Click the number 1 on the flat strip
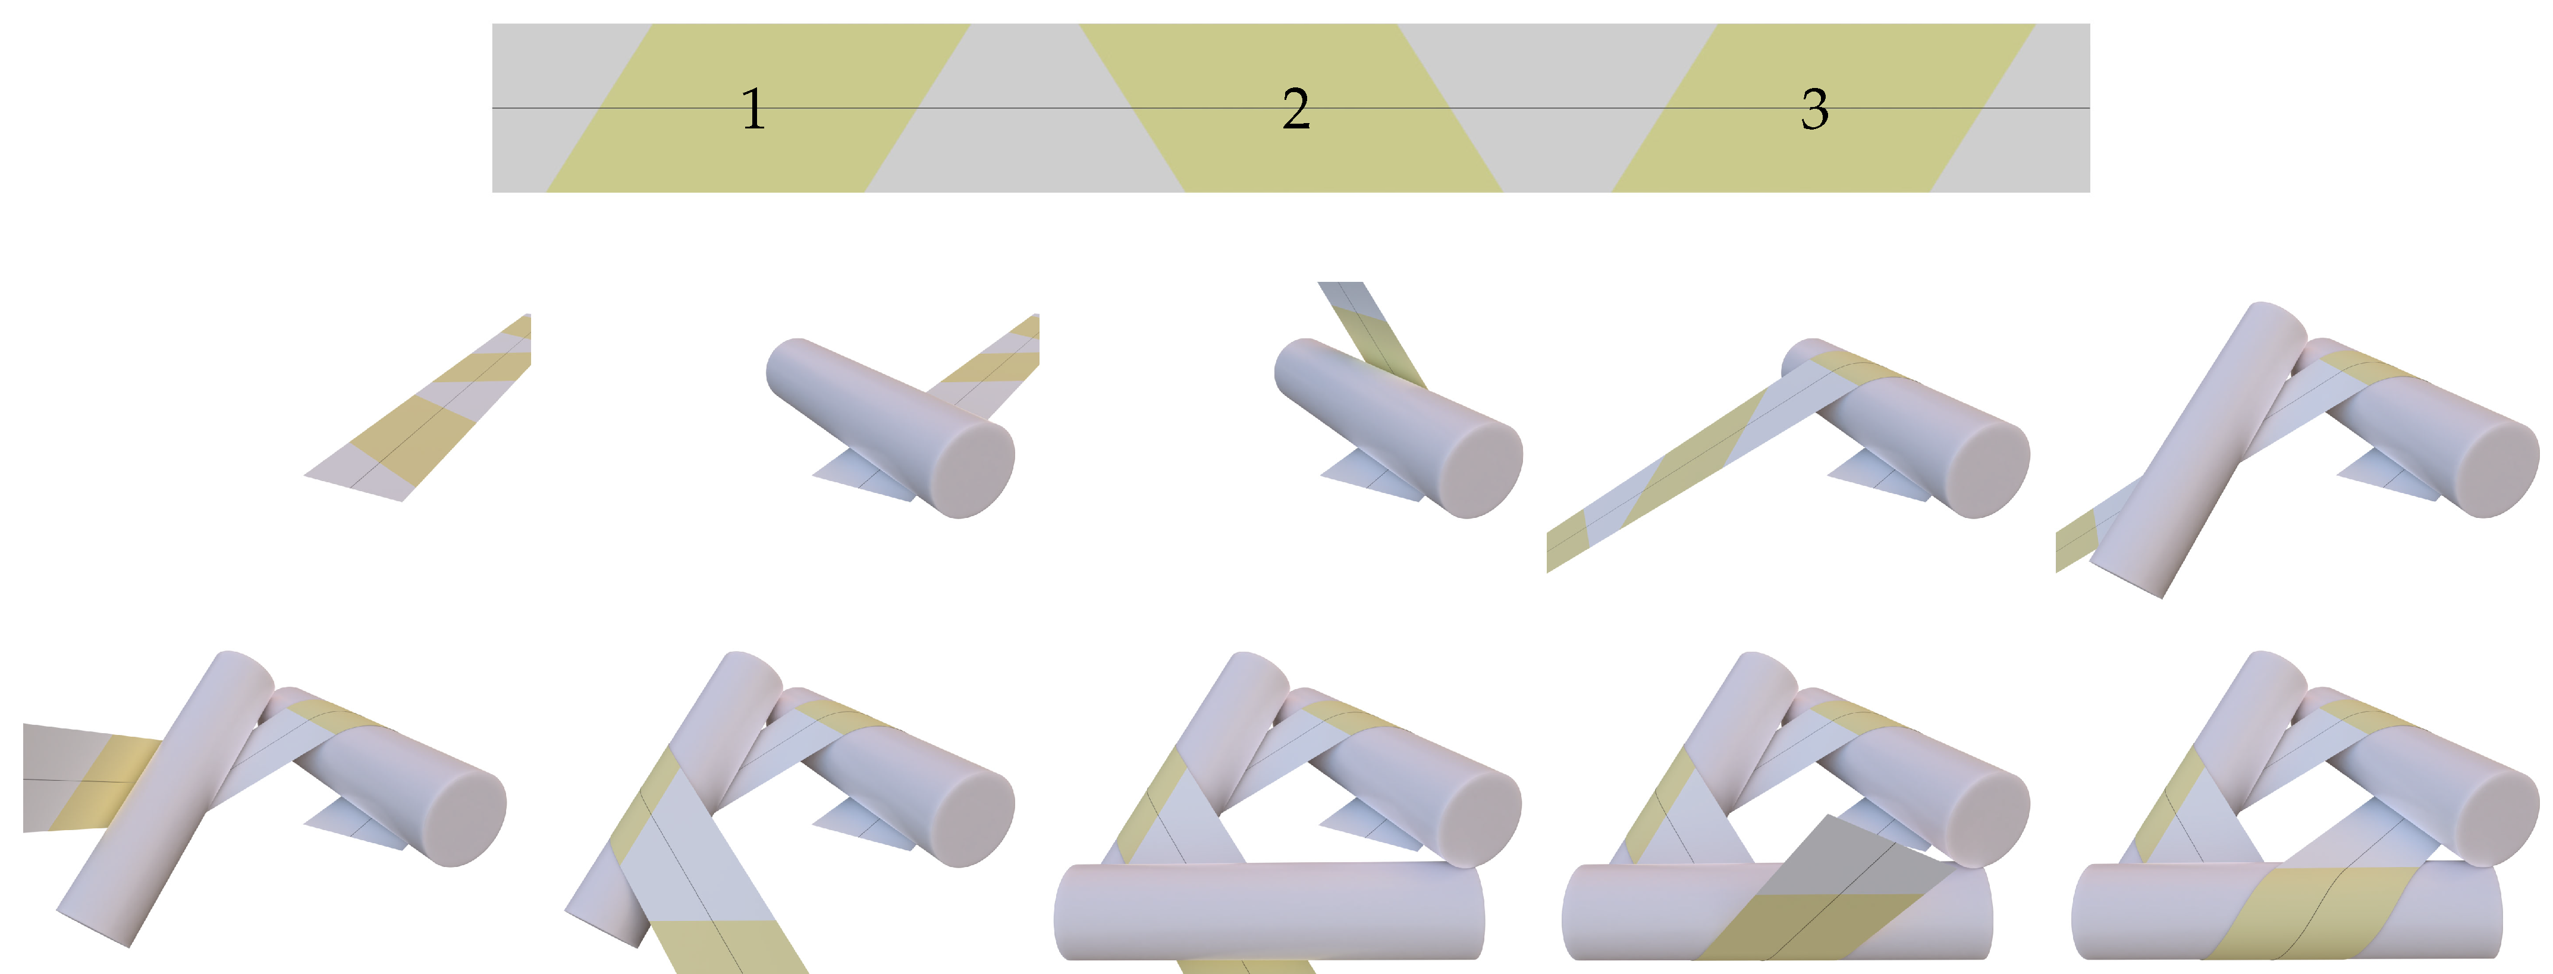coord(753,109)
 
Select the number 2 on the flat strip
coord(1295,109)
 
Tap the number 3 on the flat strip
coord(1814,109)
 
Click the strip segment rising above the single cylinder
coord(1373,332)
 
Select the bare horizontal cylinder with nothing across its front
coord(1268,912)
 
